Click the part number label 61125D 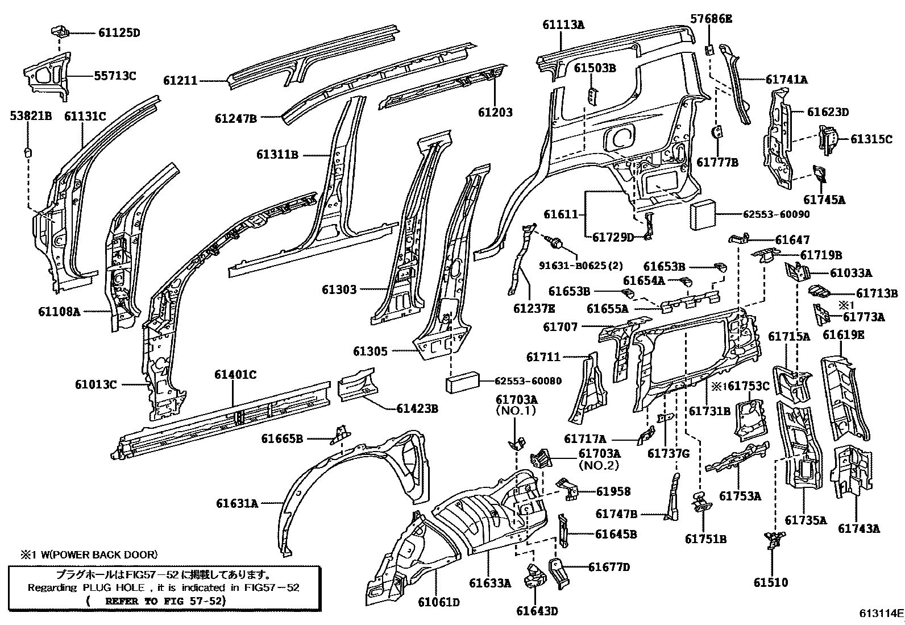(118, 32)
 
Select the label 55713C (115, 76)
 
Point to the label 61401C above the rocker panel (235, 375)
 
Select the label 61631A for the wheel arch (236, 503)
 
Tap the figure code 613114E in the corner (881, 614)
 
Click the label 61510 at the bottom (771, 582)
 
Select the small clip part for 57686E (709, 49)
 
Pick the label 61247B (235, 119)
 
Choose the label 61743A (858, 528)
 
